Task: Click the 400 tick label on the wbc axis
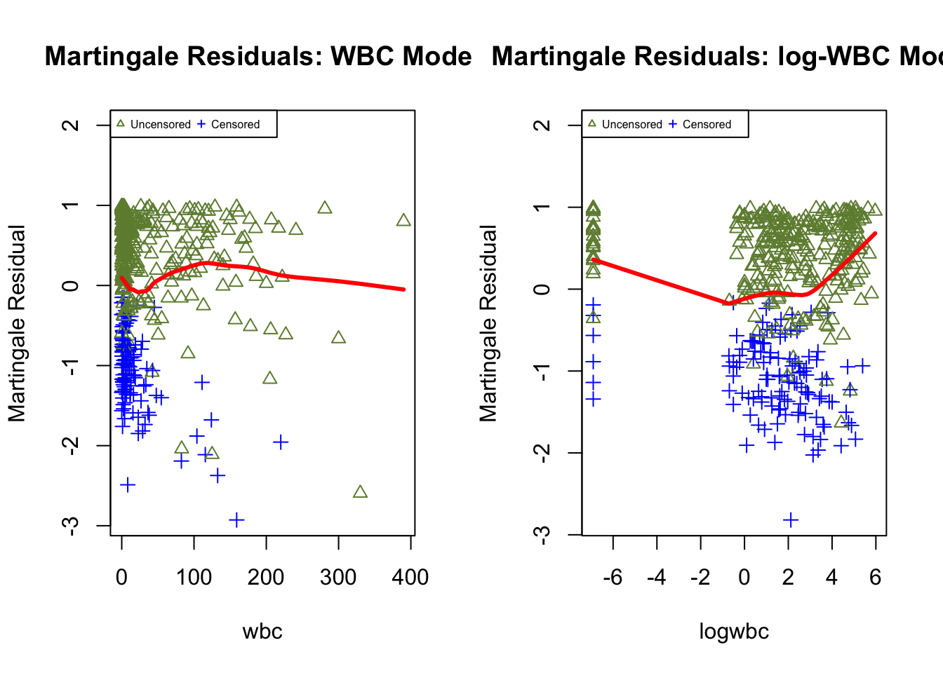[x=410, y=578]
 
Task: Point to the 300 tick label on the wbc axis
[x=338, y=578]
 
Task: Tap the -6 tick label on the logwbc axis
[x=613, y=578]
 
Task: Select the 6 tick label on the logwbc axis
[x=875, y=578]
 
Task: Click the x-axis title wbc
[x=262, y=632]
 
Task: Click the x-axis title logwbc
[x=734, y=632]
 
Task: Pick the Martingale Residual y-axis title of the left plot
[x=17, y=323]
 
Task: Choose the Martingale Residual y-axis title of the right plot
[x=488, y=323]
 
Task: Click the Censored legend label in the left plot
[x=235, y=125]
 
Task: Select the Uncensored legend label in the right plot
[x=631, y=125]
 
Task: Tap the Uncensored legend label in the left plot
[x=160, y=125]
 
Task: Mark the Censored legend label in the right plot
[x=707, y=125]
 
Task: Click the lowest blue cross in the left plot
[x=236, y=520]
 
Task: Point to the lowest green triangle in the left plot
[x=360, y=492]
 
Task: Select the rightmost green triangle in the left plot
[x=403, y=221]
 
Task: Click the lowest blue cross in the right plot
[x=791, y=520]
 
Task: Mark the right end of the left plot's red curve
[x=404, y=289]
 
